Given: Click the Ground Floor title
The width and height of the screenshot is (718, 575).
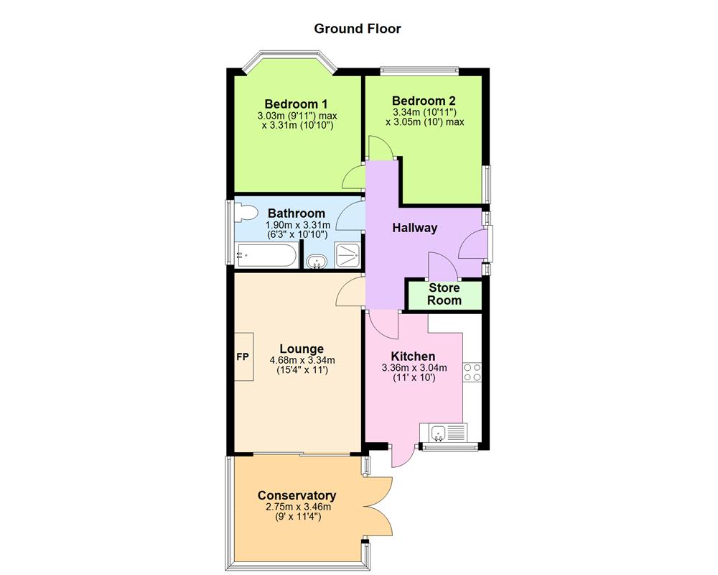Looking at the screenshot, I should pos(358,29).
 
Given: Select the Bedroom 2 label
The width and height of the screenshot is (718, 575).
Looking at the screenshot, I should pos(424,101).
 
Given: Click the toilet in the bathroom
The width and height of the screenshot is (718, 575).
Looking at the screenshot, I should pos(246,213).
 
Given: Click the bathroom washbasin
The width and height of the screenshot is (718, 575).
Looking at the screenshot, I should pos(315,262).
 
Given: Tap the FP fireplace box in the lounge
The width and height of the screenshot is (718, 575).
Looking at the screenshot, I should pos(243,356).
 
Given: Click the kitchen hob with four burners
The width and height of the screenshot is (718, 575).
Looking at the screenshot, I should pos(472,372).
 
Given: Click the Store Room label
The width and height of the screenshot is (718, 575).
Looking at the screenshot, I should pos(444,294).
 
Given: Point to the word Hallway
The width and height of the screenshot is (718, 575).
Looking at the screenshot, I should pos(414,228).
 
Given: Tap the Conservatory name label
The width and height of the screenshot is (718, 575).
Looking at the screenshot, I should pos(297,496).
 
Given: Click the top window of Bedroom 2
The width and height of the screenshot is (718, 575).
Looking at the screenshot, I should pos(419,70).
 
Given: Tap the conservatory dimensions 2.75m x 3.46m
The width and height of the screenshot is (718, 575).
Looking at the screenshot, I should pos(297,506).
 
